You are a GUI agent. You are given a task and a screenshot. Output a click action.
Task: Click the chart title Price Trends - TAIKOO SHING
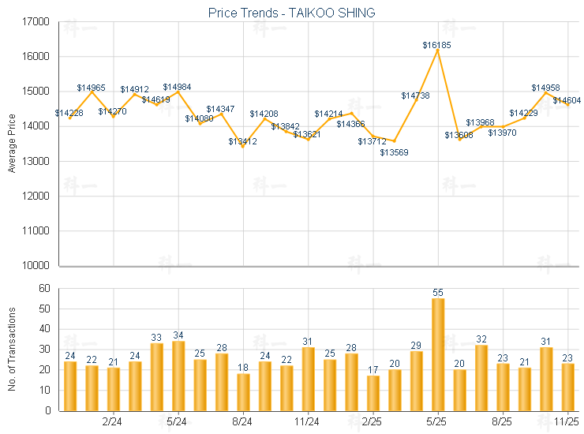pyautogui.click(x=291, y=13)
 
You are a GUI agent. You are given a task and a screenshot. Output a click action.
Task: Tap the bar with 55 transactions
pyautogui.click(x=438, y=354)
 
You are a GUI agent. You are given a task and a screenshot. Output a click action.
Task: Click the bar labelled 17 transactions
pyautogui.click(x=373, y=393)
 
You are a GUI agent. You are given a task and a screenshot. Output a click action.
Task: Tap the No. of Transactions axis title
pyautogui.click(x=12, y=349)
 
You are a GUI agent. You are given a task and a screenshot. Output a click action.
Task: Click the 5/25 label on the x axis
pyautogui.click(x=438, y=422)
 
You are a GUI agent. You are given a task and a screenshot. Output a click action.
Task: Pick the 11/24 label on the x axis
pyautogui.click(x=308, y=422)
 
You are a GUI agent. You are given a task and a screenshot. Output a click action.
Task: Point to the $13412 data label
pyautogui.click(x=242, y=141)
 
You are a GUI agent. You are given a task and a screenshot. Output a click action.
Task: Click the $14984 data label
pyautogui.click(x=177, y=87)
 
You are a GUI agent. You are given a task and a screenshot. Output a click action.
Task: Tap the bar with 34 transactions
pyautogui.click(x=178, y=376)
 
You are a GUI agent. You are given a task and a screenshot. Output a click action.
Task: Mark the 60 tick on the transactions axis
pyautogui.click(x=44, y=289)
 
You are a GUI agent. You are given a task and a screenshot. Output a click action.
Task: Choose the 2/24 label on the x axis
pyautogui.click(x=113, y=422)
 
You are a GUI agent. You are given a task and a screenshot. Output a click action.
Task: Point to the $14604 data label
pyautogui.click(x=567, y=100)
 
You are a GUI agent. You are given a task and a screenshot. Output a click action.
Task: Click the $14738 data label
pyautogui.click(x=415, y=95)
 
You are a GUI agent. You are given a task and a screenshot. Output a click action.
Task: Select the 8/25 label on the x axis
pyautogui.click(x=503, y=422)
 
